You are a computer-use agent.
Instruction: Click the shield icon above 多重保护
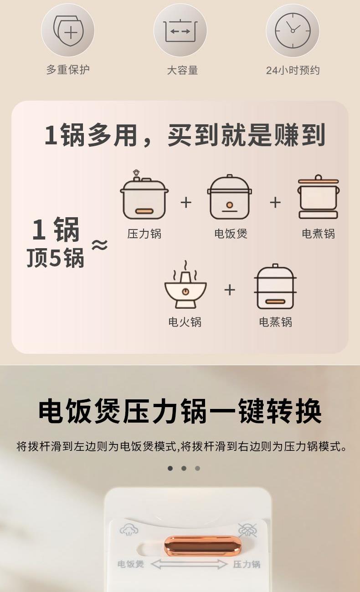point(68,31)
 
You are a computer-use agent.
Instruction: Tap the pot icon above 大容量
point(180,31)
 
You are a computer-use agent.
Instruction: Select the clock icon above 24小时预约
point(293,31)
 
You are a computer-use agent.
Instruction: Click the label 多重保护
point(68,70)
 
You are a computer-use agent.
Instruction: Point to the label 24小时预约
point(293,70)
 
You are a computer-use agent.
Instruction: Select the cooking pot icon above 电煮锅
point(318,197)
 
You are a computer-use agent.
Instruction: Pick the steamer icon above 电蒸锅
point(275,286)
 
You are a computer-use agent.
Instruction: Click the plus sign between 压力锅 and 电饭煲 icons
point(186,203)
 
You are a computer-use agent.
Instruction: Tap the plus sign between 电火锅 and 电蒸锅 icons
point(230,290)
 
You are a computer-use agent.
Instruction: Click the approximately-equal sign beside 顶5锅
point(99,245)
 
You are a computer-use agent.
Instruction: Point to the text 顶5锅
point(55,257)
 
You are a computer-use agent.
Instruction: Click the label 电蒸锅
point(276,322)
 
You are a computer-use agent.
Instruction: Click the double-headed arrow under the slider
point(189,564)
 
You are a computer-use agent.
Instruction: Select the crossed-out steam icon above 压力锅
point(247,530)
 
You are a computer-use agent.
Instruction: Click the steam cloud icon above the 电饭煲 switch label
point(129,529)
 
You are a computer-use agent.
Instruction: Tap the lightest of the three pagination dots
point(197,468)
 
